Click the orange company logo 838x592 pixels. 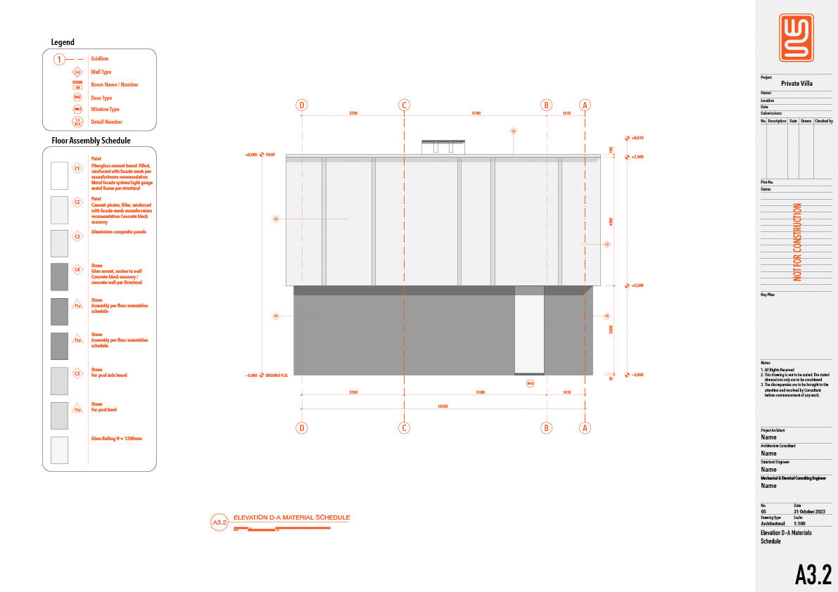pos(796,37)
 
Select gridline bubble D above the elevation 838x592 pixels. pos(302,105)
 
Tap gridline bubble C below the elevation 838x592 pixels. pos(404,427)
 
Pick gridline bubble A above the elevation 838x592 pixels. pos(585,105)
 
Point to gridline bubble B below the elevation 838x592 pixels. pos(546,427)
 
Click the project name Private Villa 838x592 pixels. pos(796,83)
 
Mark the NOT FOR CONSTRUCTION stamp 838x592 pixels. pos(797,242)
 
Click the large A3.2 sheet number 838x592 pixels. pos(813,574)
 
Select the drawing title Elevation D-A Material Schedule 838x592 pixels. pos(291,517)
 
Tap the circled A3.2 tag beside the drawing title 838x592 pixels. pos(220,522)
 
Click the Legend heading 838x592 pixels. pos(63,42)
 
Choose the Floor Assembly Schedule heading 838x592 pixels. pos(91,141)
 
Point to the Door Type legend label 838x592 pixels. pos(101,98)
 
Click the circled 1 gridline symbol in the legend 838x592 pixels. pos(61,59)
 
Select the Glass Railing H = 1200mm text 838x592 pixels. pos(116,439)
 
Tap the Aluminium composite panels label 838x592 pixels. pos(119,232)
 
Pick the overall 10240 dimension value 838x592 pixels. pos(443,406)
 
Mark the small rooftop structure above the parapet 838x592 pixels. pos(443,146)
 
